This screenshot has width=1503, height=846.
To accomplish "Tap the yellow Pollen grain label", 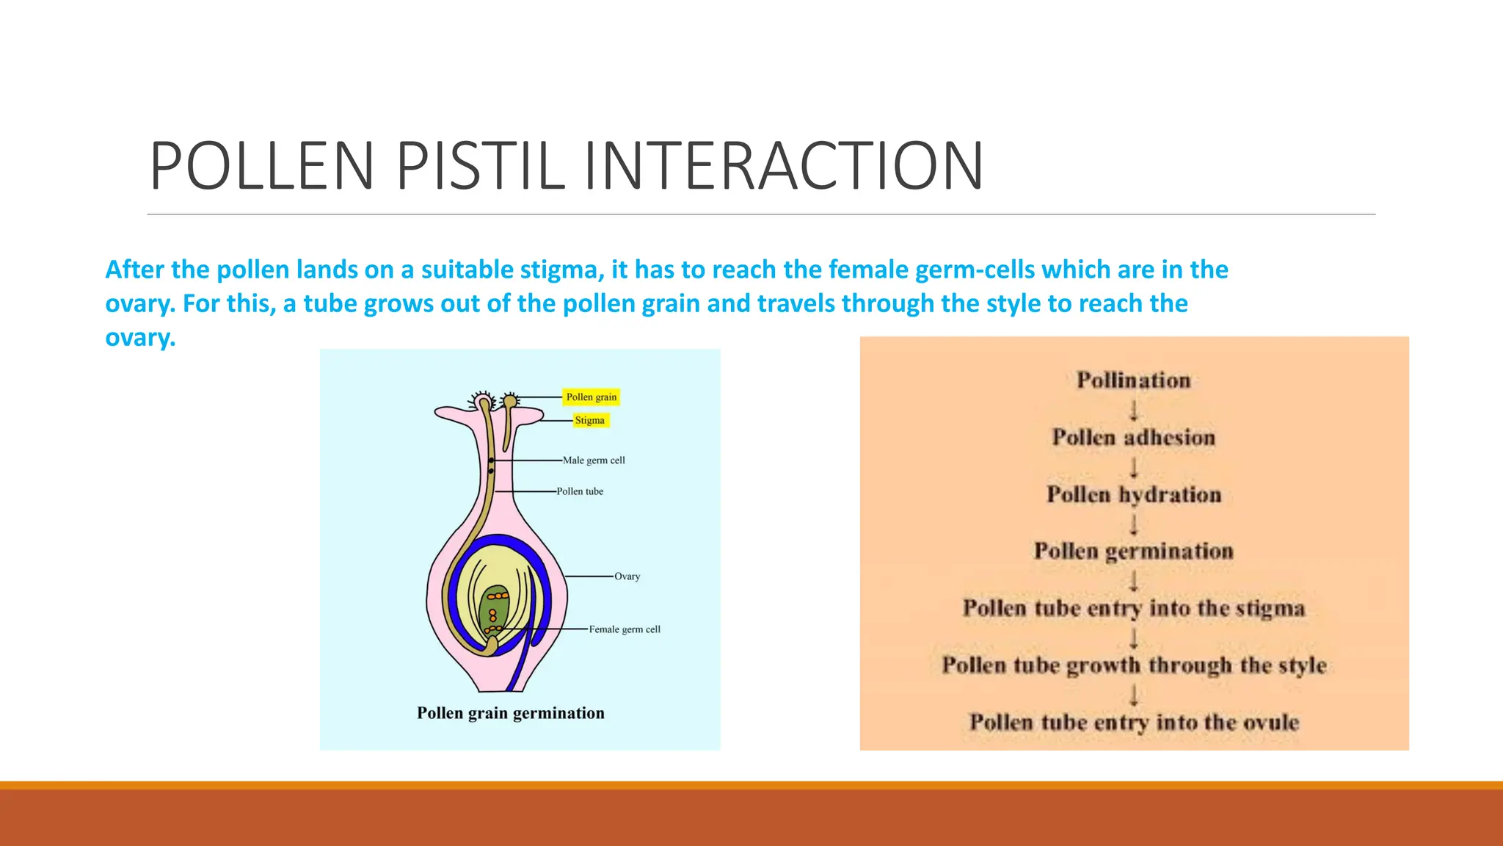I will coord(592,397).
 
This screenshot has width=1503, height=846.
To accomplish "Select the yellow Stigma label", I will coord(590,420).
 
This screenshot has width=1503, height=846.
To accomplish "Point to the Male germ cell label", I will coord(594,460).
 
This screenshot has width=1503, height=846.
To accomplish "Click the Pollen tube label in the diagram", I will coord(580,491).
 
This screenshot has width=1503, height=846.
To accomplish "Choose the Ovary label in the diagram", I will coord(627,576).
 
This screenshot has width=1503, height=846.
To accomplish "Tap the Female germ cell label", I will coord(625,629).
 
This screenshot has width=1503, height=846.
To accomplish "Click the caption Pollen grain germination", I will coord(511,713).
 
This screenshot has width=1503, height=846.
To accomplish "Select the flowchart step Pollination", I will coord(1134,380).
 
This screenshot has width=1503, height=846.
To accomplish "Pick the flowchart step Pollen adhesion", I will coord(1134,438).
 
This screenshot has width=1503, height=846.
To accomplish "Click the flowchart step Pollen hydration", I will coord(1134,494).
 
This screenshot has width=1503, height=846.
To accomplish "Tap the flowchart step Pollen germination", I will coord(1134,551).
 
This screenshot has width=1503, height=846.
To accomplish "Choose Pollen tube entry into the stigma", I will coord(1134,608).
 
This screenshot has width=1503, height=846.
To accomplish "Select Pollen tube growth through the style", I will coord(1134,665).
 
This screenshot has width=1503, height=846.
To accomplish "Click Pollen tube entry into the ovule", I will coord(1134,723).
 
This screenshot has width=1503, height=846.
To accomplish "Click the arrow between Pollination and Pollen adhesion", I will coord(1134,410).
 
